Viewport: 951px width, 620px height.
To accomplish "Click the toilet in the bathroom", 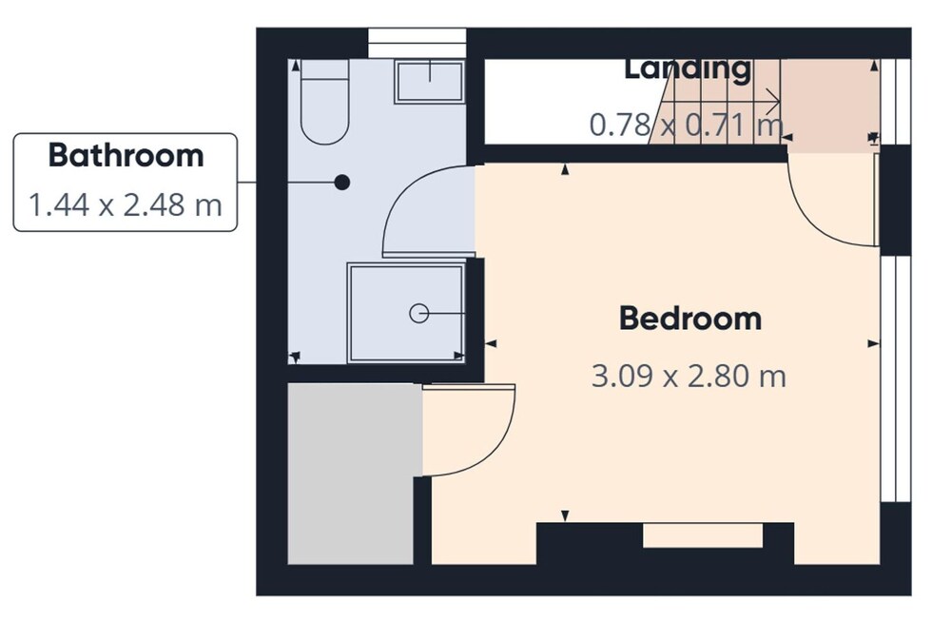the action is tap(325, 102).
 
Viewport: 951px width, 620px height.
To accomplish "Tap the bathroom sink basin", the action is tap(430, 81).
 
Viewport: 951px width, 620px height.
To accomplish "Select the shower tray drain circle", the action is tap(419, 313).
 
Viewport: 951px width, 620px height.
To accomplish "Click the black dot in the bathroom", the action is tap(342, 182).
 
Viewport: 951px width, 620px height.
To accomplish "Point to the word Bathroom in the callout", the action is tap(126, 155).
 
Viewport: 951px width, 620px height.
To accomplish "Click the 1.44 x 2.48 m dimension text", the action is tap(125, 205).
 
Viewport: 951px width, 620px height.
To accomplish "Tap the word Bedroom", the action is tap(690, 319).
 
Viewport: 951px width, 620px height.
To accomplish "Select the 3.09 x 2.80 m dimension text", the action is tap(689, 376).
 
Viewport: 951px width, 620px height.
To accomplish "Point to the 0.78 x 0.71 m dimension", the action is tap(687, 125).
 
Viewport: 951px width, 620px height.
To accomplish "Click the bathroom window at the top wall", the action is tap(417, 43).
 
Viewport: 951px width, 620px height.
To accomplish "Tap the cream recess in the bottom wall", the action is tap(703, 535).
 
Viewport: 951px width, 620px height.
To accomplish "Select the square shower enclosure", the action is tap(406, 313).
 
